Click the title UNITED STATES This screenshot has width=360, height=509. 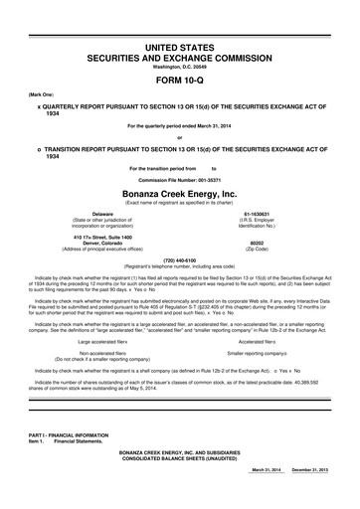180,21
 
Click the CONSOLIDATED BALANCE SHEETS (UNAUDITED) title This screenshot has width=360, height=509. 180,484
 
